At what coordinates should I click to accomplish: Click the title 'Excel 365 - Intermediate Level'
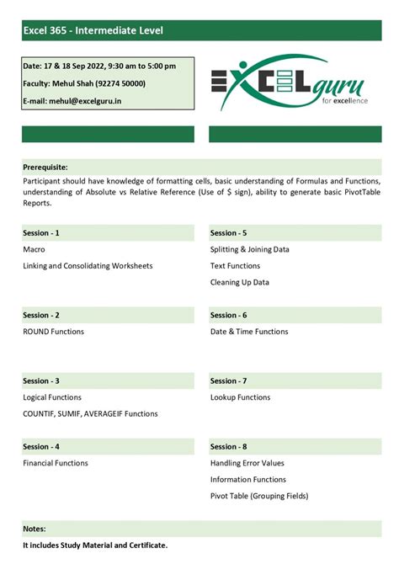click(x=93, y=31)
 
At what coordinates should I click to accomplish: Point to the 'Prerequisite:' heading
click(x=45, y=167)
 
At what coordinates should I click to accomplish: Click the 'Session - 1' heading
click(x=41, y=232)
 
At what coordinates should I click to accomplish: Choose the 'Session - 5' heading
click(x=229, y=232)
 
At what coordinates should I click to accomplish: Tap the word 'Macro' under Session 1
click(x=34, y=249)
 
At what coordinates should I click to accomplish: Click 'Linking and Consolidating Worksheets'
click(x=88, y=266)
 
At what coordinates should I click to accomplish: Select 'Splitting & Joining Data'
click(x=249, y=249)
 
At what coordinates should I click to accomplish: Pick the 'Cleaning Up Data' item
click(x=240, y=282)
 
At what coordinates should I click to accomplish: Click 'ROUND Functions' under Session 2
click(x=54, y=332)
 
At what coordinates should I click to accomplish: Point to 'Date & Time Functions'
click(x=249, y=332)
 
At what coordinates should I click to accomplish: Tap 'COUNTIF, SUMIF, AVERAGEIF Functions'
click(x=90, y=413)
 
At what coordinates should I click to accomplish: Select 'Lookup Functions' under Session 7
click(x=240, y=397)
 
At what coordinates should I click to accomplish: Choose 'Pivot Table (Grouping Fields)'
click(x=259, y=496)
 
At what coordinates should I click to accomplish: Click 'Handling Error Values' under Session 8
click(x=247, y=463)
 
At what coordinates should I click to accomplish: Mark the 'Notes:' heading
click(x=35, y=529)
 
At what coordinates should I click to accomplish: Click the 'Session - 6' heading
click(x=229, y=315)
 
